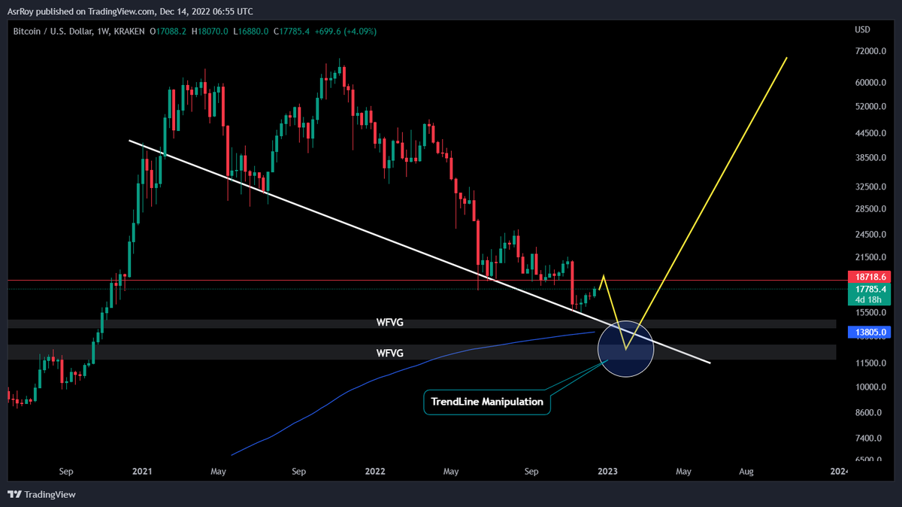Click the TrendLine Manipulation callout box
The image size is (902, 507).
click(487, 402)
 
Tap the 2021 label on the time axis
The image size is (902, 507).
click(142, 472)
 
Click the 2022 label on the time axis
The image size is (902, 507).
click(375, 472)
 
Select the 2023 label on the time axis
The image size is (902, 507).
click(607, 472)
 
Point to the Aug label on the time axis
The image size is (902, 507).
click(746, 472)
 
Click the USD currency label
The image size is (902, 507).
click(862, 30)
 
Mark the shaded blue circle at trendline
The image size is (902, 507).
click(625, 348)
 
